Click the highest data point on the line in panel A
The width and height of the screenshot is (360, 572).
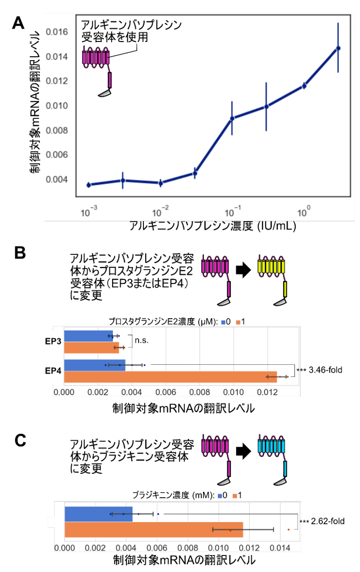(x=338, y=48)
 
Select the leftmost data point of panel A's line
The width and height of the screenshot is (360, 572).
(x=88, y=185)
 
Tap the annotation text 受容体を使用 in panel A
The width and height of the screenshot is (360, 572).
(x=115, y=37)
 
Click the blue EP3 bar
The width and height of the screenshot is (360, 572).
(x=89, y=336)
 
